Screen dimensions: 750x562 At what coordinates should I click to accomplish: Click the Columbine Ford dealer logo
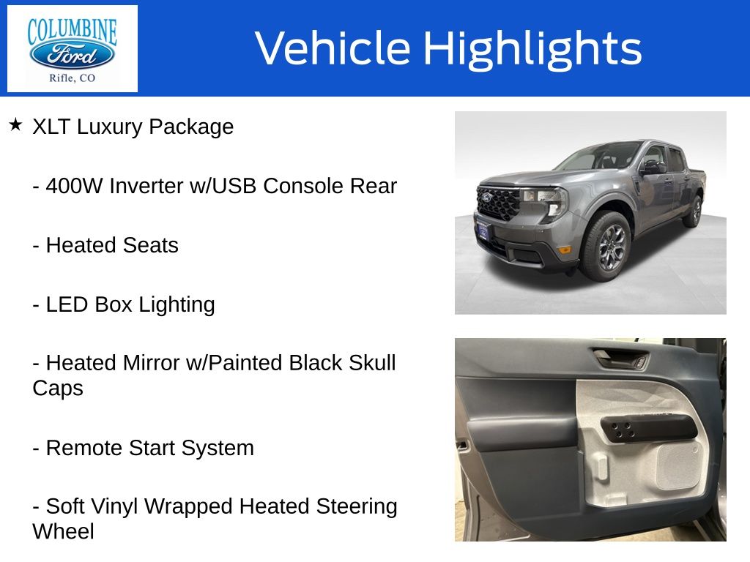(x=73, y=49)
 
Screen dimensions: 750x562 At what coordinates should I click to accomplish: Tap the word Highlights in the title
(x=532, y=49)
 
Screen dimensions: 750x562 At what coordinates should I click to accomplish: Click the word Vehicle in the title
(x=333, y=48)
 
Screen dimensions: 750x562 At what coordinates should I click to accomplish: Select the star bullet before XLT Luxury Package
(x=16, y=125)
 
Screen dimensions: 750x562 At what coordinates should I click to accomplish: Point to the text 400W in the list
(x=74, y=186)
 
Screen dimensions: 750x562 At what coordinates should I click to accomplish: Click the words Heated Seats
(x=112, y=245)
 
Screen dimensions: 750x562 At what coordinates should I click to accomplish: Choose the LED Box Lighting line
(x=123, y=305)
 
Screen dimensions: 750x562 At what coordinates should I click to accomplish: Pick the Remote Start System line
(x=143, y=449)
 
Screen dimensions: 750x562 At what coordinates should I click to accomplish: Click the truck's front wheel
(x=606, y=247)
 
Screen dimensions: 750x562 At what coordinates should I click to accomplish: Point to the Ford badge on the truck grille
(x=486, y=198)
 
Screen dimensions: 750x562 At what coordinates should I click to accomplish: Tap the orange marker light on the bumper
(x=565, y=249)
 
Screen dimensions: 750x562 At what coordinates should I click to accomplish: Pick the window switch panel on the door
(x=649, y=429)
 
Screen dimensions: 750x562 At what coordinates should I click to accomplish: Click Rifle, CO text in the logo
(x=73, y=78)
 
